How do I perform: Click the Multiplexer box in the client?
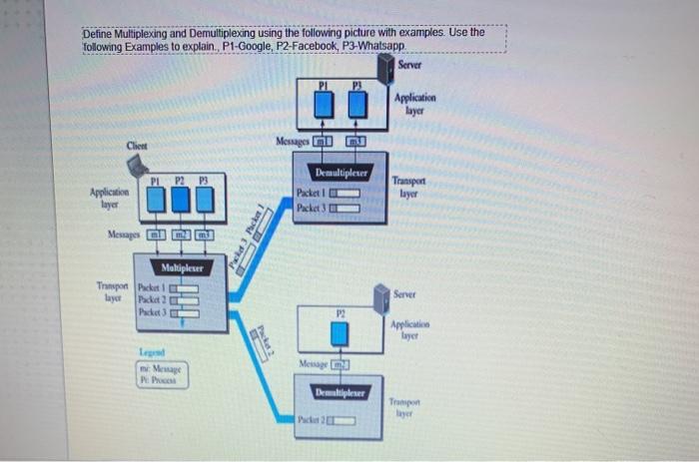183,267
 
